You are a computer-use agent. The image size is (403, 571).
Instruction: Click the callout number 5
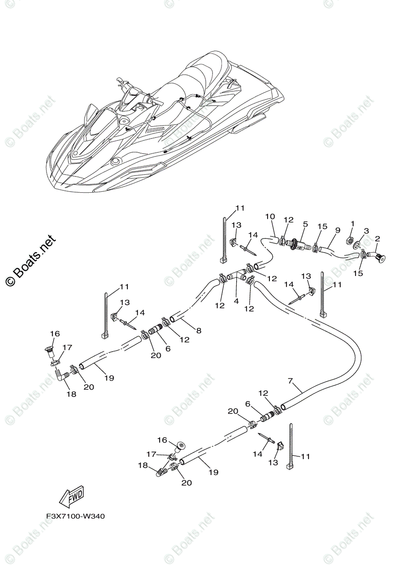[306, 224]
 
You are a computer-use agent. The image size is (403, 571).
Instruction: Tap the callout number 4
[236, 301]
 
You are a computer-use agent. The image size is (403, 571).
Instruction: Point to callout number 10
[270, 217]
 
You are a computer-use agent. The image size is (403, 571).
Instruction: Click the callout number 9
[337, 230]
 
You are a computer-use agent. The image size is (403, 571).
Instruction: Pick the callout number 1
[352, 223]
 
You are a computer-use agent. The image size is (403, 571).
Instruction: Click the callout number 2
[377, 238]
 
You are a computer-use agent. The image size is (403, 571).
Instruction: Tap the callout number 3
[366, 231]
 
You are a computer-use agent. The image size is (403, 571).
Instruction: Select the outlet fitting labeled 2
[379, 257]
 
